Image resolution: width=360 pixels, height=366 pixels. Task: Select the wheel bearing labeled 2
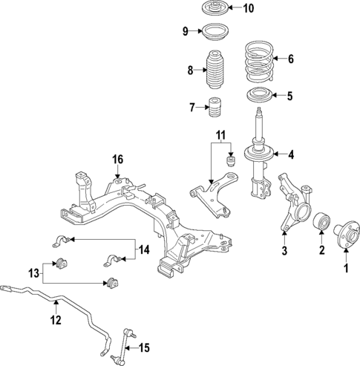pos(321,222)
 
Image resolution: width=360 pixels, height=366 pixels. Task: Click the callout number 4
pos(291,154)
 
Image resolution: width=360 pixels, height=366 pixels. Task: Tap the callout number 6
pos(291,59)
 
